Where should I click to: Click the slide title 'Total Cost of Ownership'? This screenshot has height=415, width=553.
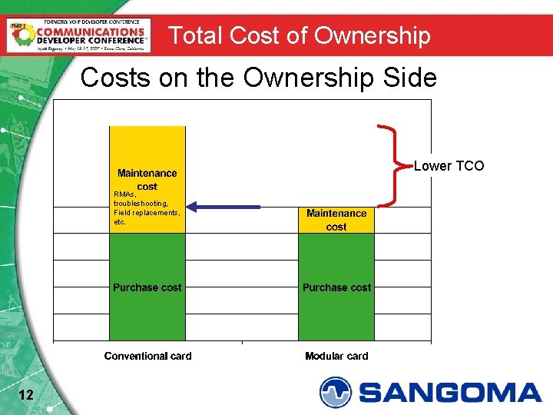(300, 35)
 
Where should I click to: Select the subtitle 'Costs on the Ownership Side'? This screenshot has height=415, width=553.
(259, 78)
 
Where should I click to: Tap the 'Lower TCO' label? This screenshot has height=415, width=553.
(449, 165)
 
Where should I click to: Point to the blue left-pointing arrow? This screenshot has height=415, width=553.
(224, 206)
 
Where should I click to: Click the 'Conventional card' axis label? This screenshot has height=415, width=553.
(148, 356)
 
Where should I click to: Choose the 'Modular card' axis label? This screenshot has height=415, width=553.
(336, 356)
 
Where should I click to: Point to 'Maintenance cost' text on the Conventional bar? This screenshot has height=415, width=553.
(147, 180)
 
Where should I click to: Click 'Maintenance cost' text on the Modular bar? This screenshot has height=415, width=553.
(336, 220)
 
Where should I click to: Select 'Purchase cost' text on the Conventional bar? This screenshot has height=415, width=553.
(147, 287)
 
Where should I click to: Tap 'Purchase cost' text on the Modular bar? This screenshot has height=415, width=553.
(336, 287)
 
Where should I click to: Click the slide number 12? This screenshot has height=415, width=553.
(25, 395)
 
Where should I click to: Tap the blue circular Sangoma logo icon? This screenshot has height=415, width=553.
(335, 392)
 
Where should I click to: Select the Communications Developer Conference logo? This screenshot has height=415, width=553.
(78, 35)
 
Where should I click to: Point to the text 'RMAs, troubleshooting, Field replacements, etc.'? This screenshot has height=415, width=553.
(146, 208)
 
